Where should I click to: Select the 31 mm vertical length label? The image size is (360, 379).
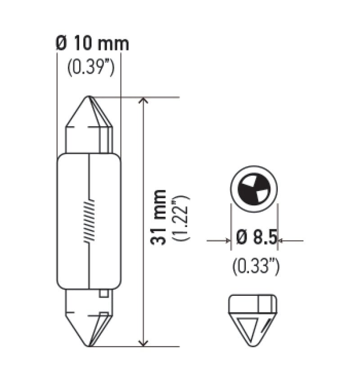(x=158, y=218)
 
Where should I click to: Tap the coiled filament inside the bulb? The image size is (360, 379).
(x=90, y=220)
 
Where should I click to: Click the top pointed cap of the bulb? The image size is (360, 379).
(x=89, y=115)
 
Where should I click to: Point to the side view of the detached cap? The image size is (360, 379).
(x=253, y=320)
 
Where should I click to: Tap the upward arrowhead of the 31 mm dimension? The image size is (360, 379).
(x=143, y=101)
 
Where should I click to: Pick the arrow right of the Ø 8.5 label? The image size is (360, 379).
(x=281, y=241)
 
